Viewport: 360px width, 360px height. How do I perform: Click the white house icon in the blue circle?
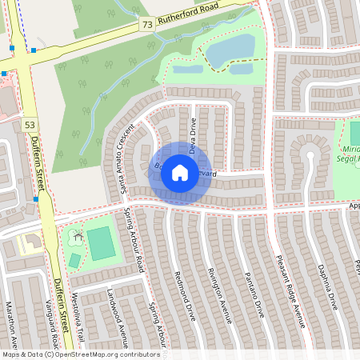point(180,173)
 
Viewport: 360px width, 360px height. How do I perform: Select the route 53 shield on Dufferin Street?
point(30,125)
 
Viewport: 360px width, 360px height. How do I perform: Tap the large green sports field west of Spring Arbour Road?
point(102,243)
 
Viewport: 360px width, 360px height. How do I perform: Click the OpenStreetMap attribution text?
point(80,354)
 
